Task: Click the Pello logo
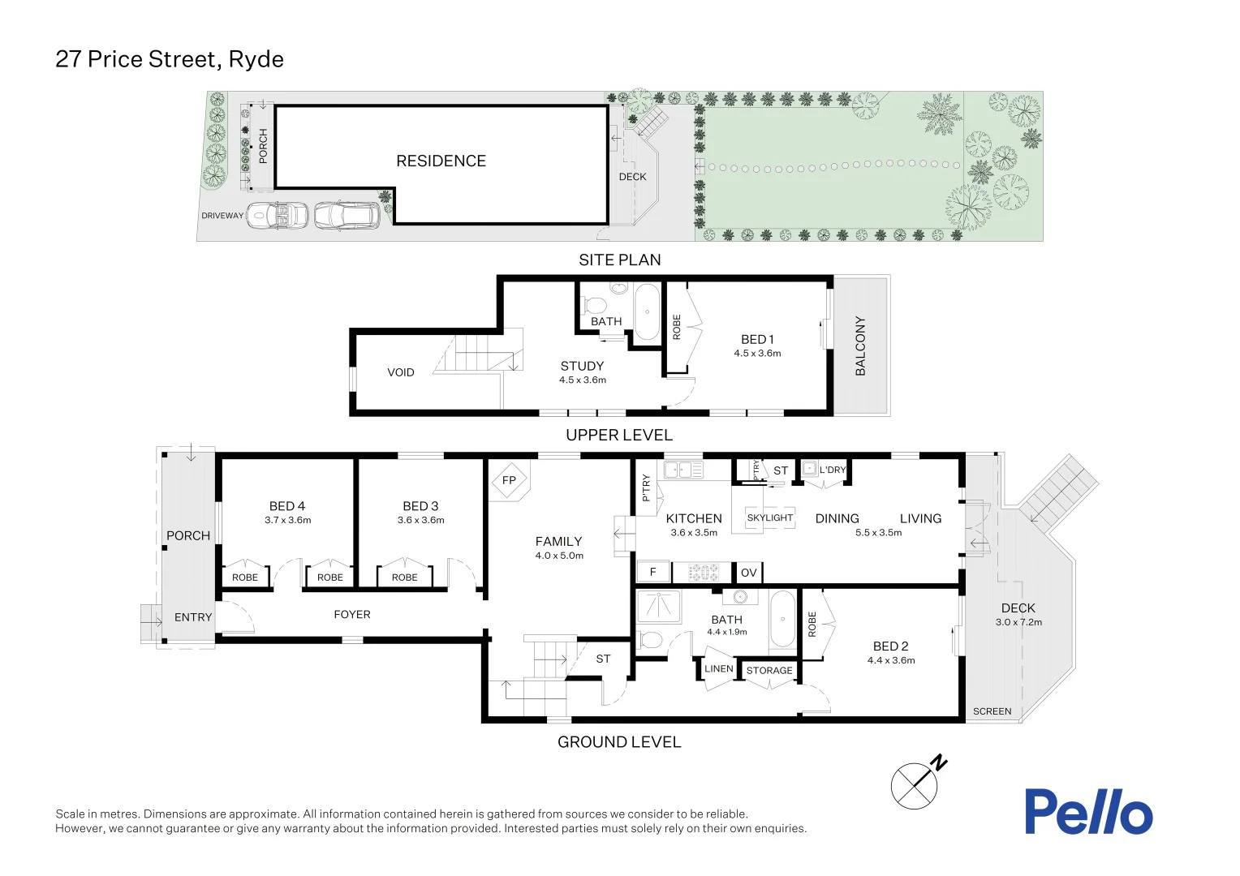click(x=1087, y=811)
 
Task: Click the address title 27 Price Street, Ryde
click(x=170, y=59)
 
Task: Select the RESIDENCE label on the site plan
click(x=441, y=161)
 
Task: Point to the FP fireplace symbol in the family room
click(x=509, y=480)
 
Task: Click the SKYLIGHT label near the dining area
click(x=769, y=517)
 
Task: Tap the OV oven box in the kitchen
click(x=748, y=573)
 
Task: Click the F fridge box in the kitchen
click(x=652, y=573)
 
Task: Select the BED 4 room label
click(x=287, y=506)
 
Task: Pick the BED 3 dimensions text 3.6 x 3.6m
click(x=420, y=521)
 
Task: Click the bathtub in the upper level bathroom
click(x=647, y=312)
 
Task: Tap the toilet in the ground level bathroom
click(x=650, y=640)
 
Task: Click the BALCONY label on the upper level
click(x=860, y=346)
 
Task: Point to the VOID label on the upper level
click(x=401, y=372)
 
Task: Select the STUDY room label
click(x=582, y=366)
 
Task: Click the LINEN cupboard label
click(x=718, y=669)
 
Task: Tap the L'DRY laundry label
click(x=832, y=470)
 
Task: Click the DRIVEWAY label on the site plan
click(x=222, y=216)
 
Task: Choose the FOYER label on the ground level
click(x=351, y=615)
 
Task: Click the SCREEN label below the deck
click(x=992, y=711)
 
